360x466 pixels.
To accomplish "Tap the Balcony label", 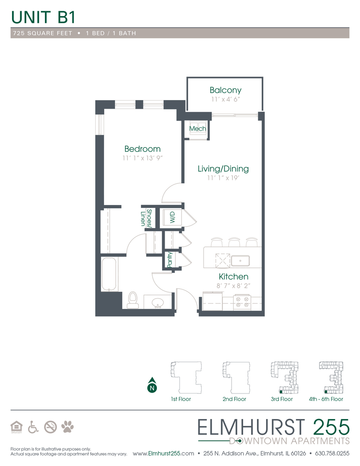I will pyautogui.click(x=225, y=90).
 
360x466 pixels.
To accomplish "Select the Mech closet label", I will pyautogui.click(x=197, y=129).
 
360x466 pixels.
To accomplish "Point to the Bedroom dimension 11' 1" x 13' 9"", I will pyautogui.click(x=142, y=158).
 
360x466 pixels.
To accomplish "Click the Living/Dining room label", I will pyautogui.click(x=223, y=169).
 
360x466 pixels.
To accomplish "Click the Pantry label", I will pyautogui.click(x=169, y=261).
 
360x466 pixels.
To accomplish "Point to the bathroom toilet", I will pyautogui.click(x=133, y=300).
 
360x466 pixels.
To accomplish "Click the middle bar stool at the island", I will pyautogui.click(x=234, y=242).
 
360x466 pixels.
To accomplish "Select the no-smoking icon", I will pyautogui.click(x=50, y=427).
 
